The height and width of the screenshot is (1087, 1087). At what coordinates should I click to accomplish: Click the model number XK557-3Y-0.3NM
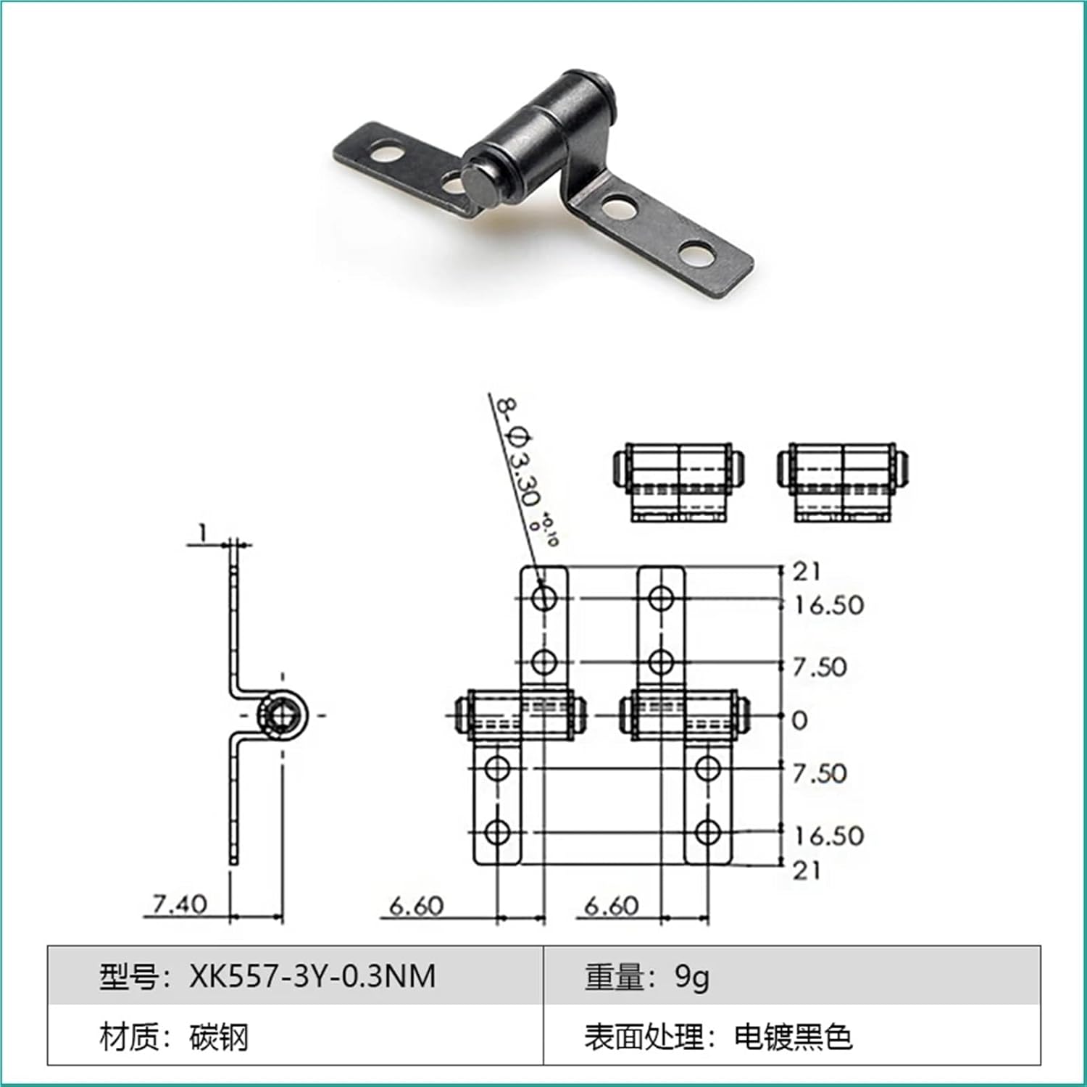pyautogui.click(x=312, y=976)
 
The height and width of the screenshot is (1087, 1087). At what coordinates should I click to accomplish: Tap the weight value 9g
pyautogui.click(x=692, y=976)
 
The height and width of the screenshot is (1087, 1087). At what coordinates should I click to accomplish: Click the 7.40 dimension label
pyautogui.click(x=179, y=904)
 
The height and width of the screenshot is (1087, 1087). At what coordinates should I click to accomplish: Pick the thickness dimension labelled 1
pyautogui.click(x=204, y=533)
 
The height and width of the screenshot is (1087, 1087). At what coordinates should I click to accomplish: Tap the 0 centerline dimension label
pyautogui.click(x=799, y=720)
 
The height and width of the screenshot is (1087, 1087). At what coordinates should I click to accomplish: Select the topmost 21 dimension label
pyautogui.click(x=806, y=572)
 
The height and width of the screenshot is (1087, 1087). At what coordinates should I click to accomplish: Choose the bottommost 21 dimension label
pyautogui.click(x=806, y=870)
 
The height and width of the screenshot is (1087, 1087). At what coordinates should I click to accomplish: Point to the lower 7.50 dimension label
pyautogui.click(x=819, y=773)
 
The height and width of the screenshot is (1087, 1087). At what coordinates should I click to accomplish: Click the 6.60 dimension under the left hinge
pyautogui.click(x=416, y=906)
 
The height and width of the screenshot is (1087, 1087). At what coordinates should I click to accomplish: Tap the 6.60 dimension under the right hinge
pyautogui.click(x=612, y=906)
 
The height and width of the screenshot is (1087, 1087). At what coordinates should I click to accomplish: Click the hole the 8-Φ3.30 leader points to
pyautogui.click(x=544, y=598)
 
